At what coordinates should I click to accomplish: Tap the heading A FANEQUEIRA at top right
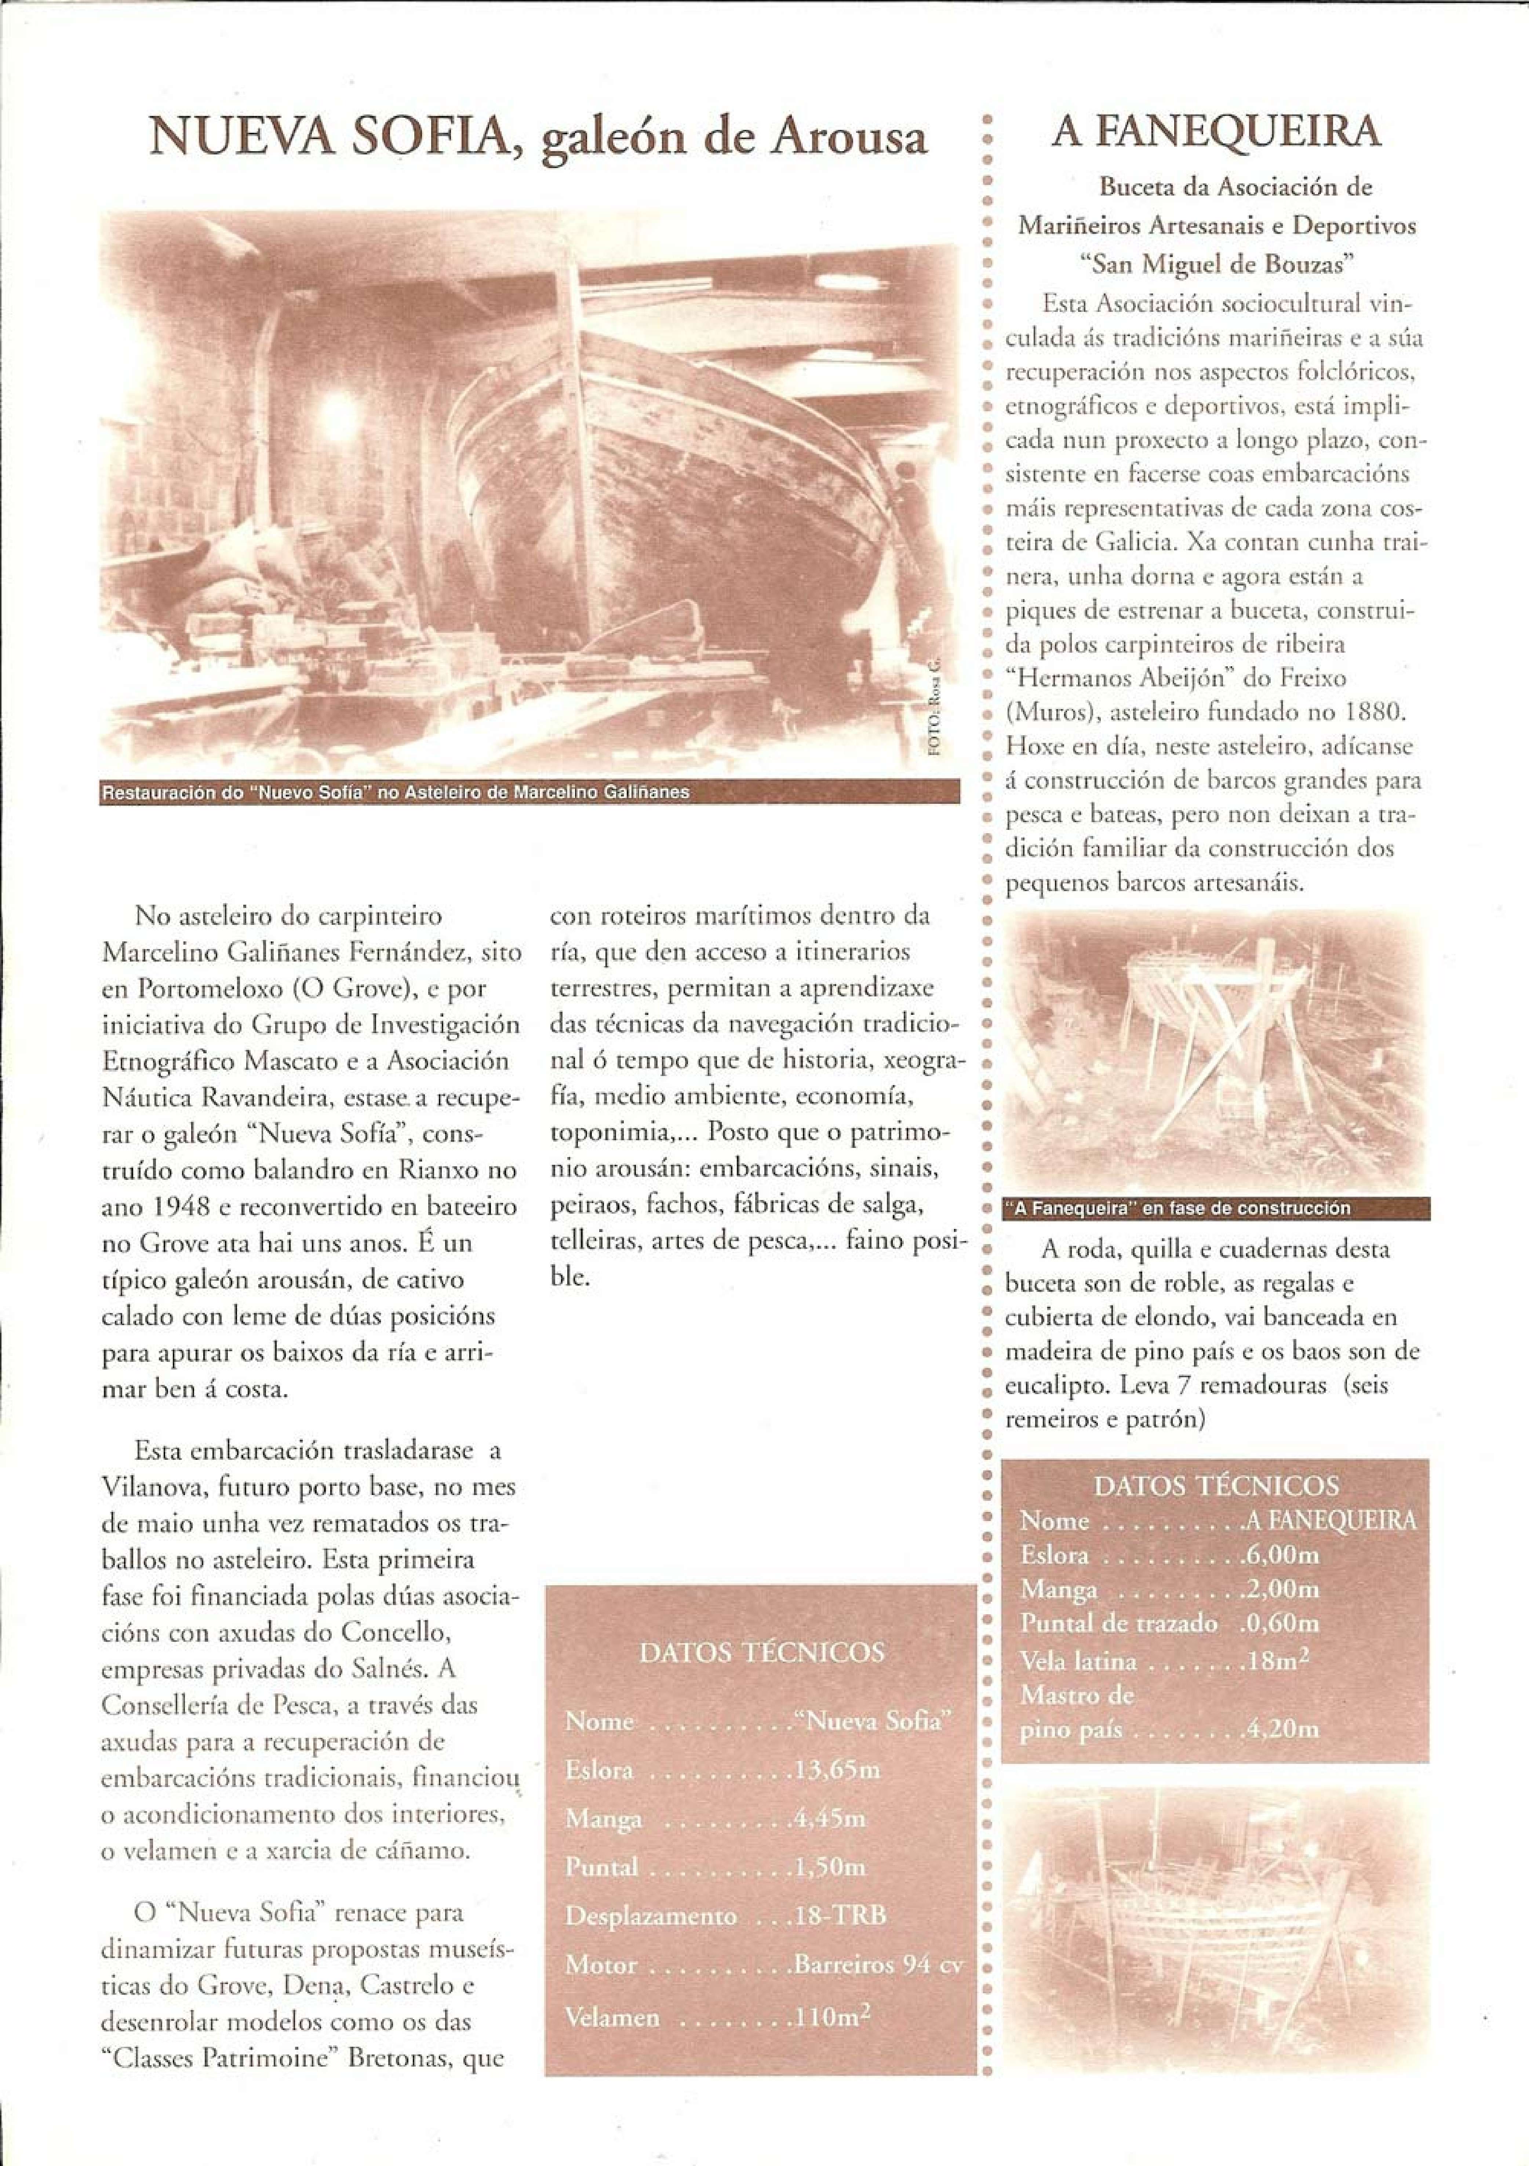point(1216,133)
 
